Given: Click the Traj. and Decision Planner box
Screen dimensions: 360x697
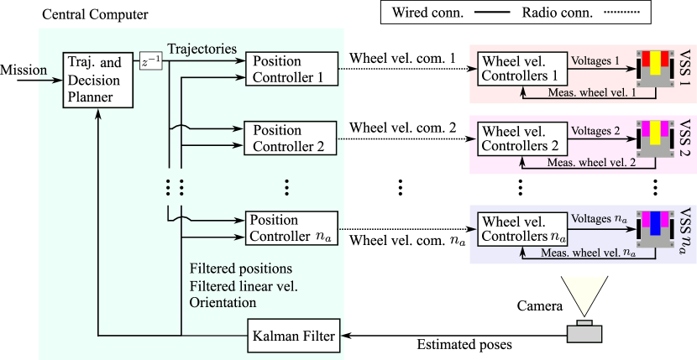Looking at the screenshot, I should click(x=99, y=80).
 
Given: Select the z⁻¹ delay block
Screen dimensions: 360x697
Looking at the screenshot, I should click(x=150, y=61).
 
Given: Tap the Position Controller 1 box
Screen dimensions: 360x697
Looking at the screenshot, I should click(x=291, y=69).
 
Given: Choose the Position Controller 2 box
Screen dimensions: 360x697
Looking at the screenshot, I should click(x=291, y=138).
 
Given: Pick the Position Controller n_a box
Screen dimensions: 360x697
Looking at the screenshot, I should click(x=291, y=227).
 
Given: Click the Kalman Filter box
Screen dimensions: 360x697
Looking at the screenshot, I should click(x=293, y=337).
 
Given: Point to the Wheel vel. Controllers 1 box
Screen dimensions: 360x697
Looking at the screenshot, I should click(x=521, y=69).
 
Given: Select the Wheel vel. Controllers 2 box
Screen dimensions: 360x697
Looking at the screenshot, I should click(x=521, y=139).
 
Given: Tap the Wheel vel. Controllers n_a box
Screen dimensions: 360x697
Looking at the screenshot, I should click(x=521, y=229).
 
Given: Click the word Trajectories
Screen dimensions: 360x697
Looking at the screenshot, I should click(x=202, y=48).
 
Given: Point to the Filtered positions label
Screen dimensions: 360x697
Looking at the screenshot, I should click(x=241, y=269).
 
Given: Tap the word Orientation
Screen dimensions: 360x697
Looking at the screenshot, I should click(x=223, y=302).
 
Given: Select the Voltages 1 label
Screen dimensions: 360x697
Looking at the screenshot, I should click(x=595, y=61).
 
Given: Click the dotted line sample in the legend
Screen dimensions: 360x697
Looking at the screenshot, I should click(x=621, y=13).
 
